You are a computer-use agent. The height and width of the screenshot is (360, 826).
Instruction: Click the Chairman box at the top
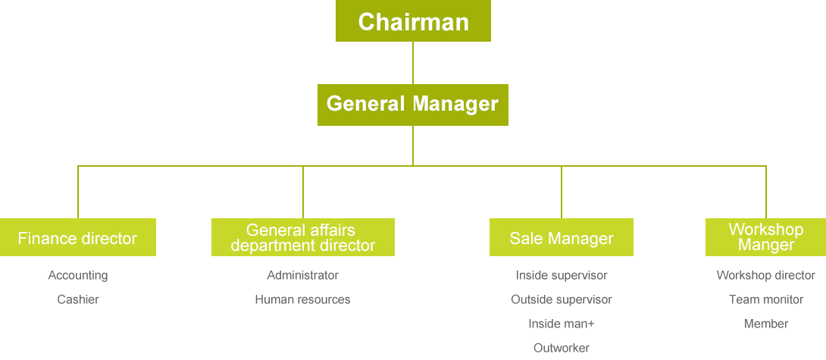(413, 21)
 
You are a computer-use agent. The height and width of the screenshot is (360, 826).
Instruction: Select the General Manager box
(412, 104)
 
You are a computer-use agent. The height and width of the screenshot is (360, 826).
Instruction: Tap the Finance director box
(78, 237)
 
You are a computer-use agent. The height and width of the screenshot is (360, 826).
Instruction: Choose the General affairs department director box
(302, 237)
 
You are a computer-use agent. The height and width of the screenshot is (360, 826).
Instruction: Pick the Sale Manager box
(561, 237)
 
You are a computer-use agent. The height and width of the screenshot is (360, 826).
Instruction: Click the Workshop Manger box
(765, 237)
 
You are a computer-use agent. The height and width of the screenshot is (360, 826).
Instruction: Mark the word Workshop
(765, 230)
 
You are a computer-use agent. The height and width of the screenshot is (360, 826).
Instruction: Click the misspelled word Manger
(765, 245)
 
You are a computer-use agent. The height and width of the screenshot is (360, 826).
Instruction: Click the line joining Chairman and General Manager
(413, 63)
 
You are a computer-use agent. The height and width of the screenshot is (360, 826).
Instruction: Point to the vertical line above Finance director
(77, 192)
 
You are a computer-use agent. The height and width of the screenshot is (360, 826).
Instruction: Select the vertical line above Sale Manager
(561, 192)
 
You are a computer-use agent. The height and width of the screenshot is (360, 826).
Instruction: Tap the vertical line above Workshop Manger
(765, 192)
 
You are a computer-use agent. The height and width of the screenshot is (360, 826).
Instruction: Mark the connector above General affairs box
(302, 192)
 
